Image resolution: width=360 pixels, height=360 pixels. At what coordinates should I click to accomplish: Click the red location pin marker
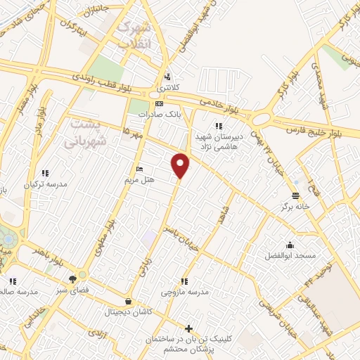point(181,166)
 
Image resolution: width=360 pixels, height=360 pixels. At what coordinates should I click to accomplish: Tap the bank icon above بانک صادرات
point(159,103)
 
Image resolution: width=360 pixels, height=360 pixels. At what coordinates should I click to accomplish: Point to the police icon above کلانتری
point(167,77)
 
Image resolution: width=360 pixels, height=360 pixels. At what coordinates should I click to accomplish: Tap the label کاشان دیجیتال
point(128,310)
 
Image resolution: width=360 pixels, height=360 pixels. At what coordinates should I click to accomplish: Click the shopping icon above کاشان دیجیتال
point(127,300)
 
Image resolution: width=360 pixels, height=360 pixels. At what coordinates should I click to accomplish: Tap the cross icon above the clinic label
point(188,328)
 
